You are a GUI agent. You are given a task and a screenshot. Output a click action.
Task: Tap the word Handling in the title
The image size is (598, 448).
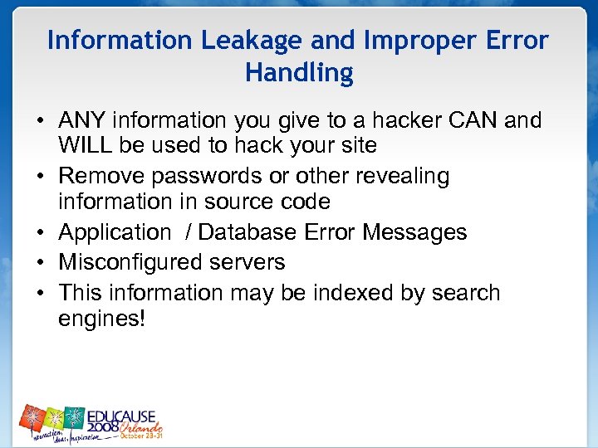click(299, 73)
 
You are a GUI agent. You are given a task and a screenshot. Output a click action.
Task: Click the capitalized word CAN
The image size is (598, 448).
click(471, 121)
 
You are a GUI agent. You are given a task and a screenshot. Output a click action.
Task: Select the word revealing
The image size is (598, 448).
click(402, 176)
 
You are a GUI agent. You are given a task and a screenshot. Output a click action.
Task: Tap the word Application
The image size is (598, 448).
click(114, 233)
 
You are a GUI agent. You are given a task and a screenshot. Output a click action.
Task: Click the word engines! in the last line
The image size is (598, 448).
click(102, 319)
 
